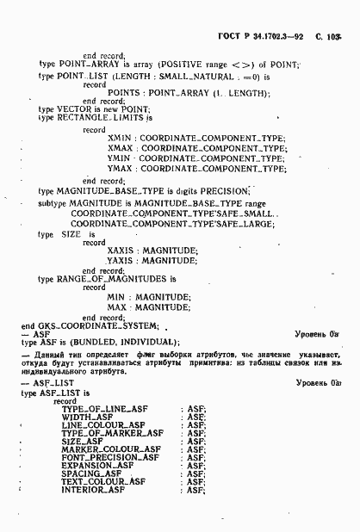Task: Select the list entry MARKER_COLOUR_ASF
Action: click(110, 449)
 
